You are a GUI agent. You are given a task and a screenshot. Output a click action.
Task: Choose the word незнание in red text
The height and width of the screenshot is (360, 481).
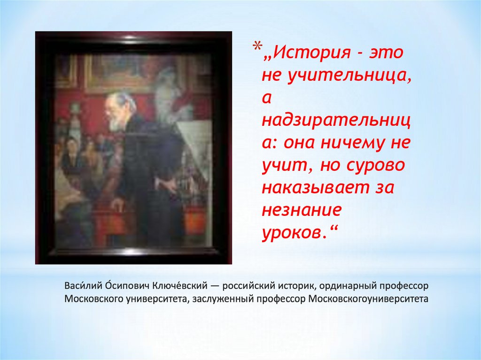click(302, 211)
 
